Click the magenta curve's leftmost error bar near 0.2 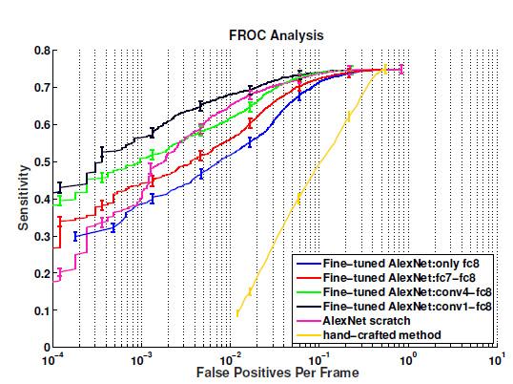click(59, 274)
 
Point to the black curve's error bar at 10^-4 click(59, 187)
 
